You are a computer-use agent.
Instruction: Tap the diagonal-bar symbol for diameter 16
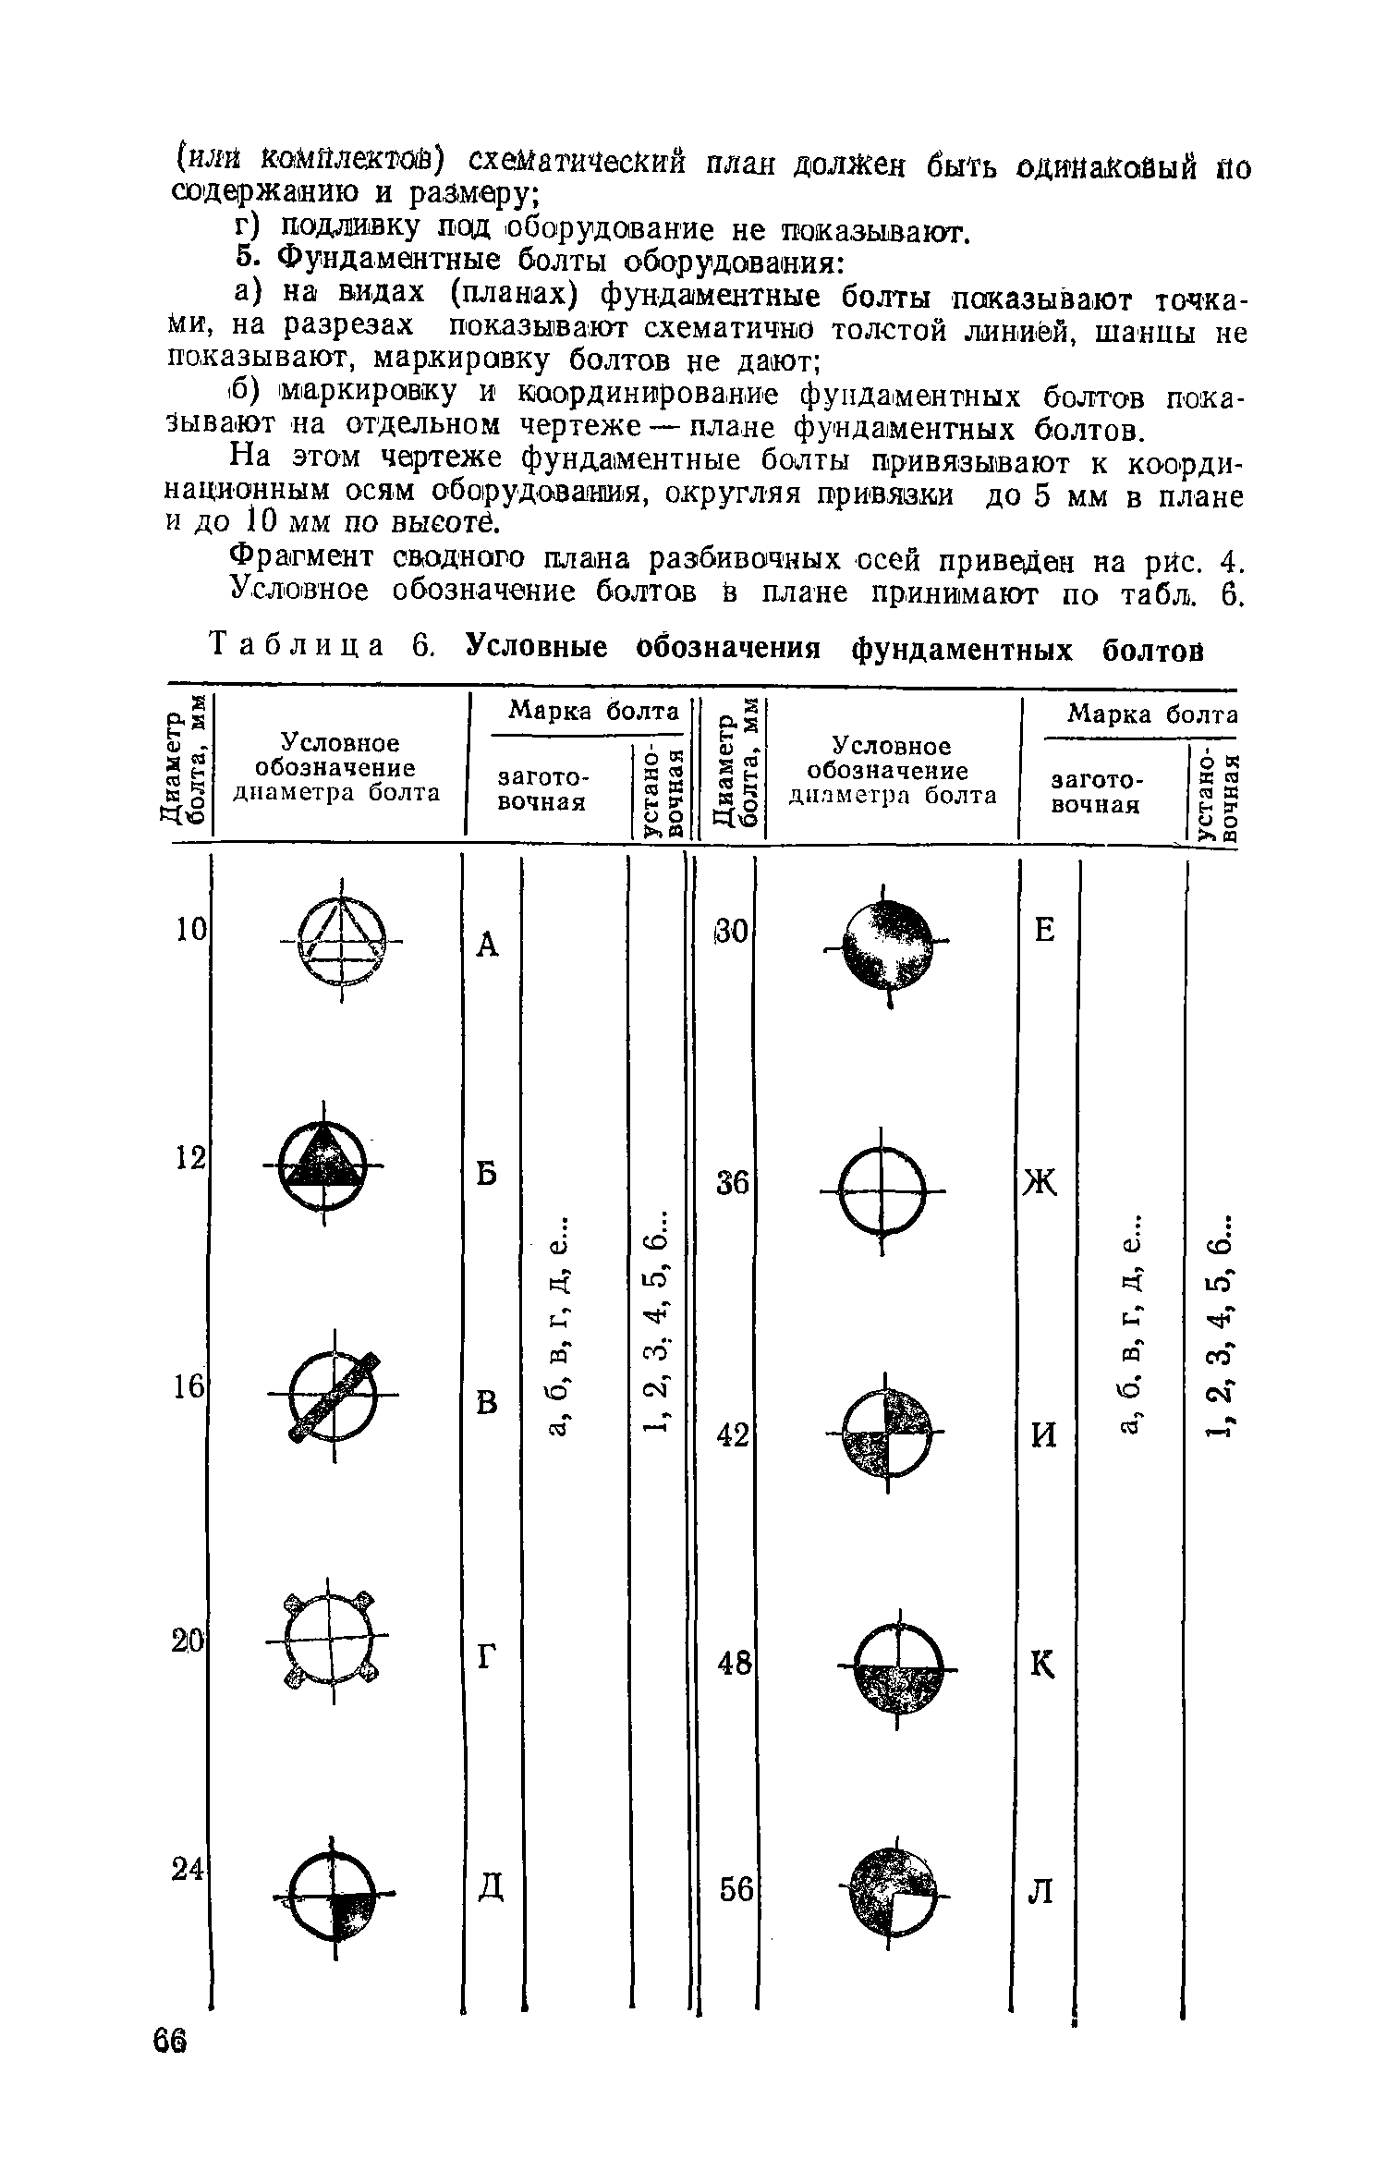[x=335, y=1395]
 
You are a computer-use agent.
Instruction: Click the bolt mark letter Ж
[x=1040, y=1182]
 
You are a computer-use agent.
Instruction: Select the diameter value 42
[x=735, y=1435]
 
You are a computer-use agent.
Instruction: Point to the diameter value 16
[x=190, y=1386]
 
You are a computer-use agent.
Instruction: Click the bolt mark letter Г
[x=487, y=1659]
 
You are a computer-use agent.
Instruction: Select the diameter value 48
[x=736, y=1664]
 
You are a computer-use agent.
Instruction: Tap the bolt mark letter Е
[x=1044, y=930]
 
